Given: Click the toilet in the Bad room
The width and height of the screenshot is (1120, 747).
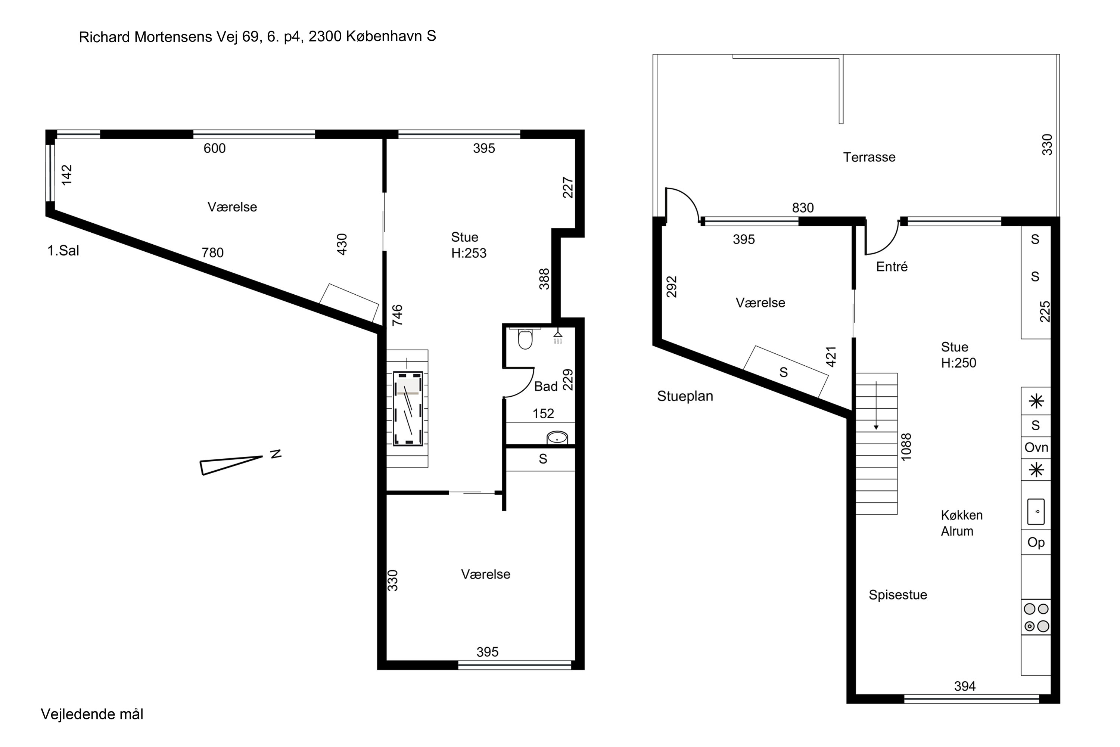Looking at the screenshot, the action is point(525,338).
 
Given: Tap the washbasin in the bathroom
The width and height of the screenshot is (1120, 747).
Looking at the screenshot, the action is point(557,437).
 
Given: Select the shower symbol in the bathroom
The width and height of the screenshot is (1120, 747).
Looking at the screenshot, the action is point(558,337).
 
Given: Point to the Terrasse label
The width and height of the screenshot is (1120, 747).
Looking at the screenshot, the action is point(869,157).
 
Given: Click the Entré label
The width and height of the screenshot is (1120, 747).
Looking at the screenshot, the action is point(892,266).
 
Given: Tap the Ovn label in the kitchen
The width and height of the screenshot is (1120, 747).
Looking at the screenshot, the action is point(1036,447).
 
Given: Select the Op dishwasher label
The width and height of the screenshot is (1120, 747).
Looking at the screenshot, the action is point(1036,542).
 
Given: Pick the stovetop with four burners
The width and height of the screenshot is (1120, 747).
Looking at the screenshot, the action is point(1036,617).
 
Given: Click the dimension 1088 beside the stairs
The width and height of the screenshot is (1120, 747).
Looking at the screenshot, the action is point(906,447).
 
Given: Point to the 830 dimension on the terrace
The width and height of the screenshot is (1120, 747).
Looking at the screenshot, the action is point(803,208).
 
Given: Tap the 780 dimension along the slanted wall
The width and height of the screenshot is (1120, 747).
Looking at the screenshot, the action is point(212,252).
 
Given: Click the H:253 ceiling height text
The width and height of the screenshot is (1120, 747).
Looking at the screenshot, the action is point(469,253).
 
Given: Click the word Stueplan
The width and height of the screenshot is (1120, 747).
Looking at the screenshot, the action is point(685,396).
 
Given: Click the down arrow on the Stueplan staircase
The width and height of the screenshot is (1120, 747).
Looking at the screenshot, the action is point(876,405).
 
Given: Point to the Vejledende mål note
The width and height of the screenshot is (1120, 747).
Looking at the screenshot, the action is point(92,714).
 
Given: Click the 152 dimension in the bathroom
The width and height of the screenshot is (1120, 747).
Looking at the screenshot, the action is point(543,413).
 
